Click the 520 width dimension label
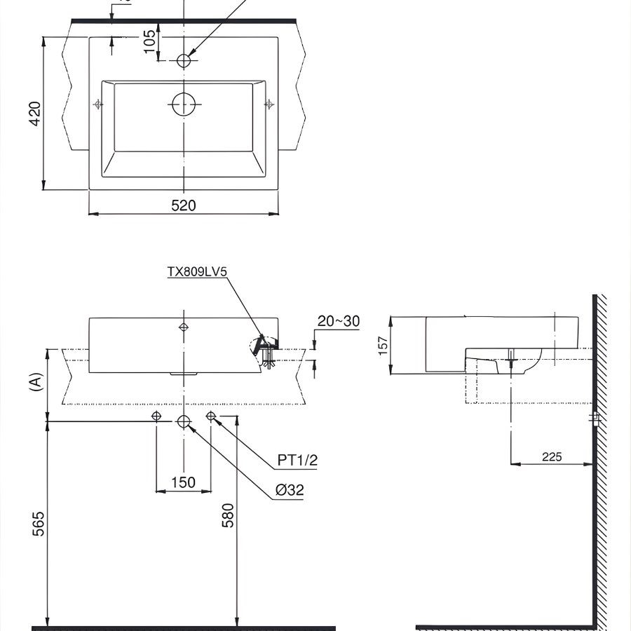tap(184, 205)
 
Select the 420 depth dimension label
tap(34, 113)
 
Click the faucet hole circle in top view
tap(184, 60)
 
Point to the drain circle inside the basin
tap(184, 105)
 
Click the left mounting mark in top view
tap(97, 104)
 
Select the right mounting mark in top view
tap(269, 104)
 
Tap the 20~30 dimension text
tap(338, 321)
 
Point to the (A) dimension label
tap(34, 381)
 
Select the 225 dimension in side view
tap(552, 457)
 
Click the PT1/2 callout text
tap(297, 460)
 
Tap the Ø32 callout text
tap(290, 491)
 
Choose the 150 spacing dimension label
tap(184, 482)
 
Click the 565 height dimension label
tap(38, 524)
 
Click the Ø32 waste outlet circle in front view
tap(184, 421)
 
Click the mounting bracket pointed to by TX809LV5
tap(264, 346)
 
